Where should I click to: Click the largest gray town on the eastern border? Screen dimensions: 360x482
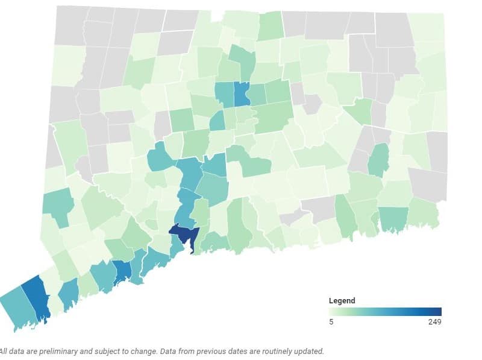(x=427, y=184)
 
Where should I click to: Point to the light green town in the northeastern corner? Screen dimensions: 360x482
(x=428, y=27)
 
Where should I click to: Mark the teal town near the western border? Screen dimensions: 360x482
(x=57, y=205)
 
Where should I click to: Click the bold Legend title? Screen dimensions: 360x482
(x=342, y=300)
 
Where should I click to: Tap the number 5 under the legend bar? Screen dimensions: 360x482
(x=331, y=321)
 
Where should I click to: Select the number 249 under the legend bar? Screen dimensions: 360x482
(x=435, y=321)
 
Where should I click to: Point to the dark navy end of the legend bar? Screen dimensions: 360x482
(x=438, y=311)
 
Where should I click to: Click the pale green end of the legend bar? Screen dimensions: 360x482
(x=332, y=311)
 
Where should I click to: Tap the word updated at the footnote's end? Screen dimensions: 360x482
(x=308, y=351)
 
